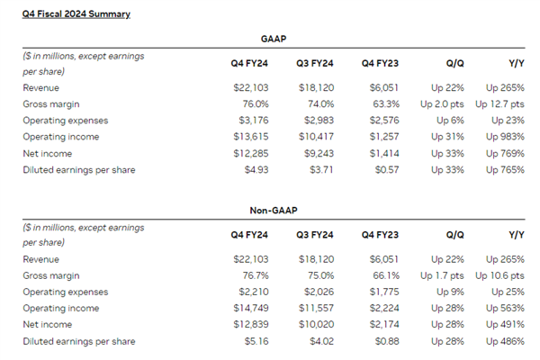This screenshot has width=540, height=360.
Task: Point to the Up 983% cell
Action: click(504, 137)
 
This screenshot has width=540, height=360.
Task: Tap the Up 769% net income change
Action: click(504, 153)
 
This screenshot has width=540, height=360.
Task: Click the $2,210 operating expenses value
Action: click(253, 292)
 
